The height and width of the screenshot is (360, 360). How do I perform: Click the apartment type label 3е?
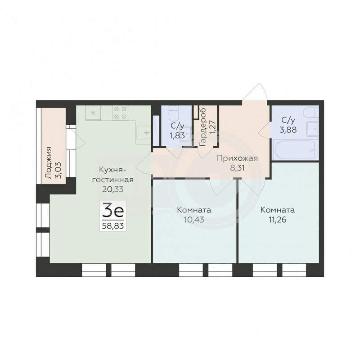click(113, 211)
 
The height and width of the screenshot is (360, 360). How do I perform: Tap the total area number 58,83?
click(113, 226)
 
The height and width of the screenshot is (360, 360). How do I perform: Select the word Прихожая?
click(238, 158)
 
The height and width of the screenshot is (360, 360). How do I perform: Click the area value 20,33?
click(113, 189)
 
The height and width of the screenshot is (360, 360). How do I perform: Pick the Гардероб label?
click(203, 127)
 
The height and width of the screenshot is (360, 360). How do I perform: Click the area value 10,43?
click(194, 220)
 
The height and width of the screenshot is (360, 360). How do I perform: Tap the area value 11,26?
click(278, 220)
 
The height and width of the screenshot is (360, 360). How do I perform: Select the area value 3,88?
click(288, 130)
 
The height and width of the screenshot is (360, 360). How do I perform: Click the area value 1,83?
click(177, 135)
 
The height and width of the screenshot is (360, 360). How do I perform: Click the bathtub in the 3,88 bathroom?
click(295, 149)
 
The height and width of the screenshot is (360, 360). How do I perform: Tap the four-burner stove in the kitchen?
click(120, 112)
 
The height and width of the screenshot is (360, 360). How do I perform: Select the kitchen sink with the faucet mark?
click(143, 132)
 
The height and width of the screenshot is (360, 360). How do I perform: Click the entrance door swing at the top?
click(255, 92)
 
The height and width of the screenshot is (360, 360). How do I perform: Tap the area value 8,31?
click(238, 167)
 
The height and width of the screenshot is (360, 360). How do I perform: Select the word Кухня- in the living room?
click(112, 170)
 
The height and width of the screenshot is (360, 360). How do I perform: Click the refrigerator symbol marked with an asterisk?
click(93, 112)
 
